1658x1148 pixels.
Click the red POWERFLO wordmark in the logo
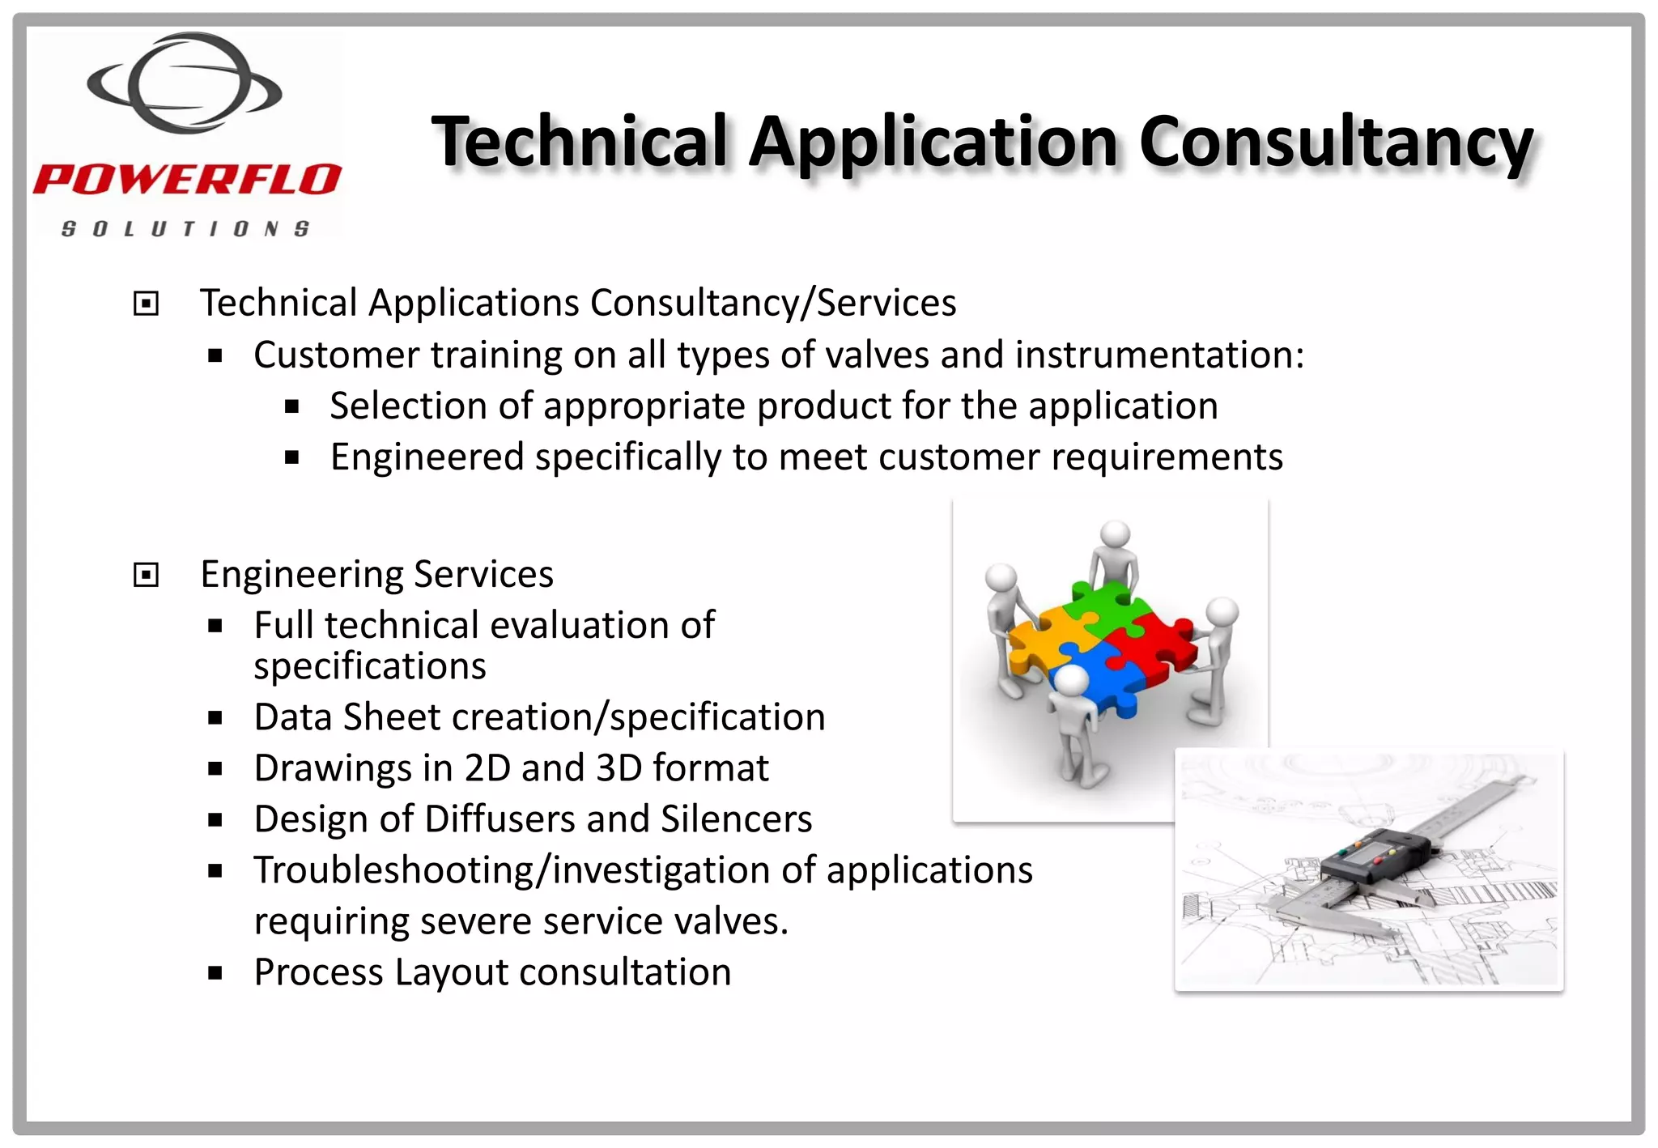point(187,180)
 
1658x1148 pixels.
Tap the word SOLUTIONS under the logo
point(185,229)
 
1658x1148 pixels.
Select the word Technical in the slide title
point(580,142)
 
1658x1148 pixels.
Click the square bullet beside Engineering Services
point(146,576)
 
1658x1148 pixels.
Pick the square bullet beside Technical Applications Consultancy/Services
point(146,304)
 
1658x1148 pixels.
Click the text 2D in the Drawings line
point(487,768)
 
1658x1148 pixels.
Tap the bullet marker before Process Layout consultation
point(215,973)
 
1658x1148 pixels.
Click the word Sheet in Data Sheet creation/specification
point(392,717)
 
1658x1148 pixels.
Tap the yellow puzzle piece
point(1044,640)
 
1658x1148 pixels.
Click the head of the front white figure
point(1072,680)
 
